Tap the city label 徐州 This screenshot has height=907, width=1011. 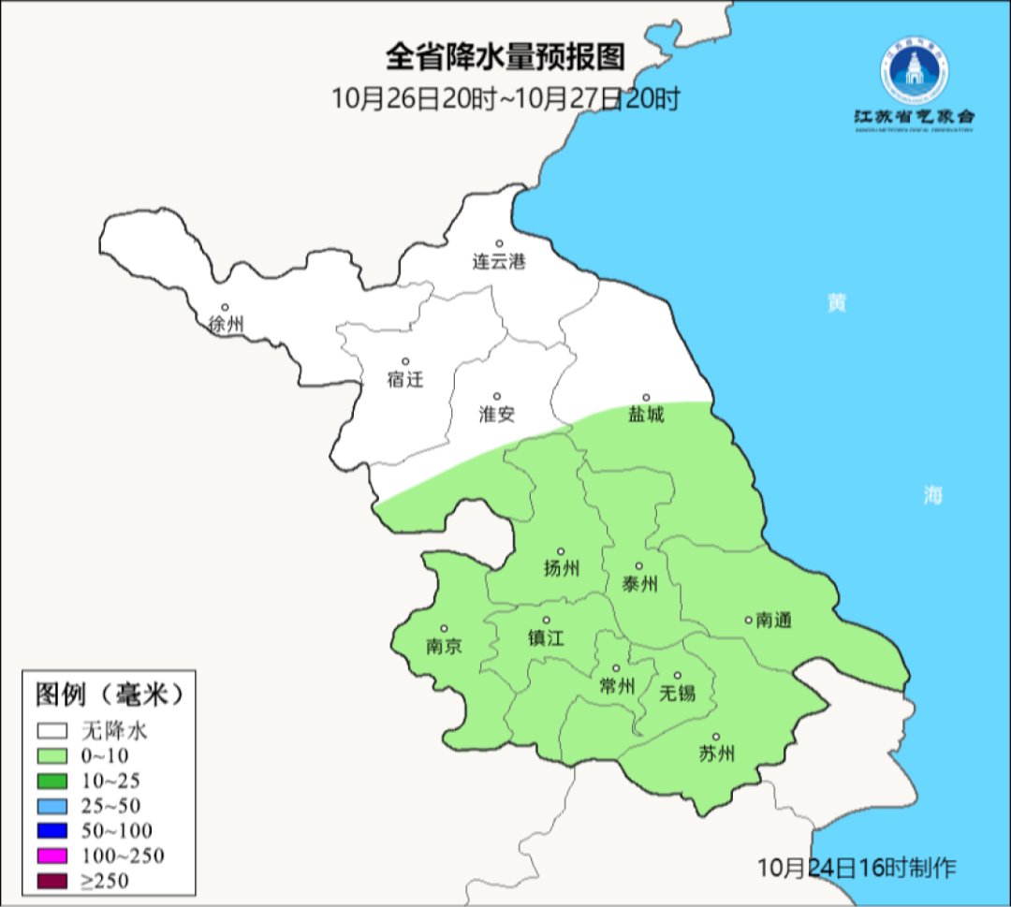tap(227, 325)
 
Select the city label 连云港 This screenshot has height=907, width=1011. tap(499, 262)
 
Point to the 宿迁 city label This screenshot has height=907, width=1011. tap(405, 379)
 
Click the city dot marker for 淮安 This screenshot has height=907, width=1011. tap(497, 396)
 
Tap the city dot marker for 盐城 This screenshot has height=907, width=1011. tap(645, 397)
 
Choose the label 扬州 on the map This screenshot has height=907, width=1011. tap(562, 568)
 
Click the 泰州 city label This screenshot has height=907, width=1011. tap(639, 584)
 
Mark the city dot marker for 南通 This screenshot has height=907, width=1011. tap(748, 619)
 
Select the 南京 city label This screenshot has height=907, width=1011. tap(444, 646)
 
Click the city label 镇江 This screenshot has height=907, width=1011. tap(547, 637)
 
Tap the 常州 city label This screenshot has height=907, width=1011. tap(617, 686)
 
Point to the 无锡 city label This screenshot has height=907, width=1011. tap(678, 693)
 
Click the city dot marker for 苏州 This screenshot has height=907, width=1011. tap(716, 737)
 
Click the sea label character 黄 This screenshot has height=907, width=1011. tap(837, 302)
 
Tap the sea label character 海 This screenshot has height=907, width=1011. tap(932, 496)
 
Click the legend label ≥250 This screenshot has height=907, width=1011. tap(104, 880)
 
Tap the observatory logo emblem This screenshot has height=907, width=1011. tap(915, 72)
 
